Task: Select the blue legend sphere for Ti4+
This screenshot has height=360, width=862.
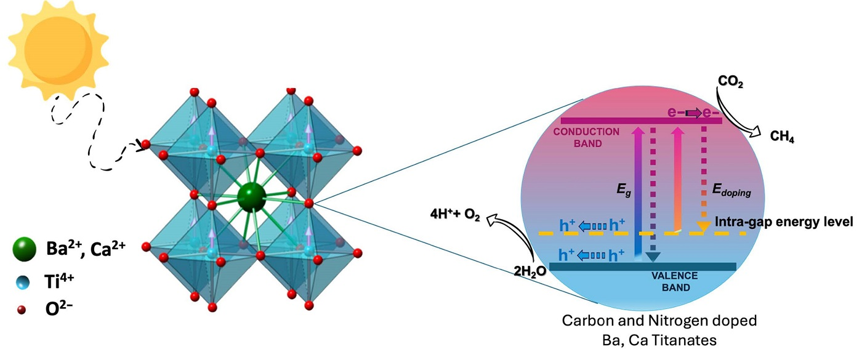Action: (x=23, y=282)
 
